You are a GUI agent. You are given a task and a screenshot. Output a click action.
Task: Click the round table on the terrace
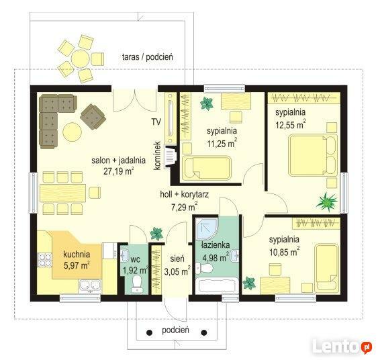(x=81, y=58)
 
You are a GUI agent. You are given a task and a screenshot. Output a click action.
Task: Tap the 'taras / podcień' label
(x=147, y=57)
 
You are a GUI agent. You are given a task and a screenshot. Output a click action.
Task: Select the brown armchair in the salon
(x=93, y=117)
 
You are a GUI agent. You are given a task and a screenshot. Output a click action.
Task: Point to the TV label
(x=156, y=122)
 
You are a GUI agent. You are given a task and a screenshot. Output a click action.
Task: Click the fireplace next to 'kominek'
(x=171, y=156)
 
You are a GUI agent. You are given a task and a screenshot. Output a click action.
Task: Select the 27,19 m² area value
(x=119, y=171)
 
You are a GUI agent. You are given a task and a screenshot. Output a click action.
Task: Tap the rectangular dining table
(x=63, y=193)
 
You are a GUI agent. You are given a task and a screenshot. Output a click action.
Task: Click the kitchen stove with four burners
(x=44, y=260)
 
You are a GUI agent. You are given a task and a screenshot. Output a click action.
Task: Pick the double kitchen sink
(x=90, y=286)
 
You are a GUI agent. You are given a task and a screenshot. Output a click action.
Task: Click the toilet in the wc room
(x=137, y=284)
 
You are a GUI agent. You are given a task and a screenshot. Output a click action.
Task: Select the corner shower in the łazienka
(x=207, y=228)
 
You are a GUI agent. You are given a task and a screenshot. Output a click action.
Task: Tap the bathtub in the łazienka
(x=217, y=285)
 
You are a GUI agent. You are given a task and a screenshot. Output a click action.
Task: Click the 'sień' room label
(x=177, y=259)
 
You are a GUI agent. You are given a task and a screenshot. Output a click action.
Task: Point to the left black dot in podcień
(x=149, y=332)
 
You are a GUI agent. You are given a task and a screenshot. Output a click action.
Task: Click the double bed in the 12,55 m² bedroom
(x=314, y=154)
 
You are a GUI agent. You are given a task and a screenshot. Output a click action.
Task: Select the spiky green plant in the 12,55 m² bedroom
(x=327, y=201)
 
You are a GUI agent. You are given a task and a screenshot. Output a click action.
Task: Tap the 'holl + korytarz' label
(x=185, y=194)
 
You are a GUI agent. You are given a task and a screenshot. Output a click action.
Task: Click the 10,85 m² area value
(x=285, y=252)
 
